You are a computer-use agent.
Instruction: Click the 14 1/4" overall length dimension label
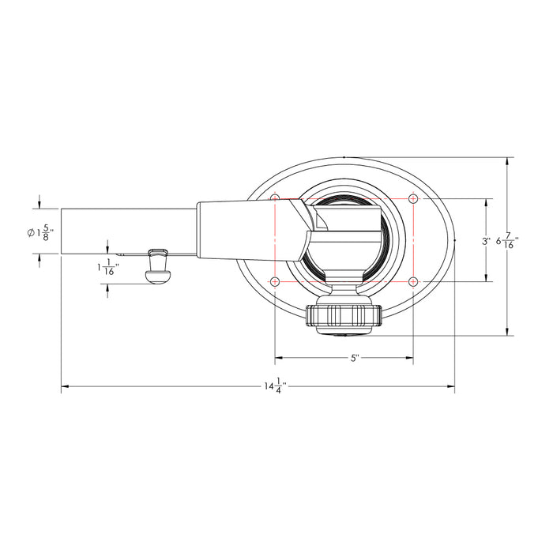click(275, 387)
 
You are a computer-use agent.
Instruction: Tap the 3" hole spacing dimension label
click(486, 240)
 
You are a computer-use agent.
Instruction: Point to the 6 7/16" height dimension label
click(507, 241)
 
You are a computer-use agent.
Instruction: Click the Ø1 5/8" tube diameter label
click(39, 232)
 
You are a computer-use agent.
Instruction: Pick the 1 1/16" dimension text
click(107, 268)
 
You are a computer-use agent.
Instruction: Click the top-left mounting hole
click(275, 198)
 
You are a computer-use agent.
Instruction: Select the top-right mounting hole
click(413, 198)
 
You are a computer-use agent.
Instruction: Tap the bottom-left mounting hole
click(275, 282)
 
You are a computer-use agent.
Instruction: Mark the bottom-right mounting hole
click(413, 282)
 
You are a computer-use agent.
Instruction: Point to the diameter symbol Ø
click(29, 232)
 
